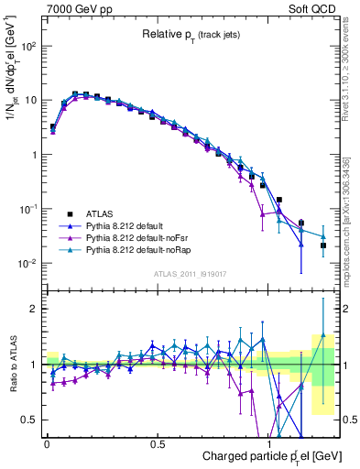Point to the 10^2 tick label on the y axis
(27, 45)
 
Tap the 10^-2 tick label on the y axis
(27, 264)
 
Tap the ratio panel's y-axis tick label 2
(35, 309)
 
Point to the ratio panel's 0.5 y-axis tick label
(30, 420)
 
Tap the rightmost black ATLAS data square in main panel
(323, 245)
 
